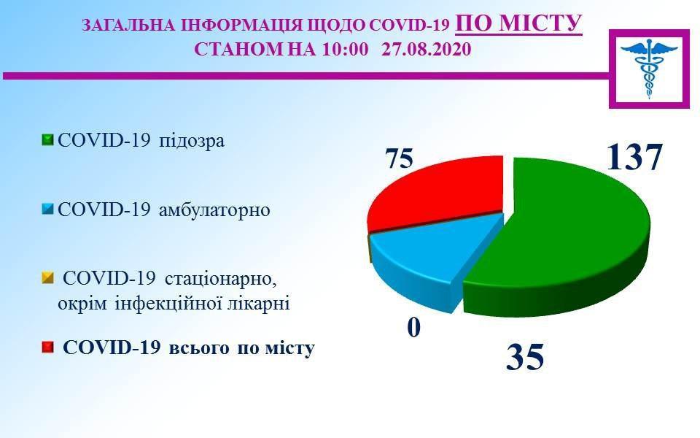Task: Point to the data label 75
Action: [x=400, y=158]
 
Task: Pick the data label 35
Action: [x=525, y=357]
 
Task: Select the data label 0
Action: [x=414, y=328]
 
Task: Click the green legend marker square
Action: [x=47, y=140]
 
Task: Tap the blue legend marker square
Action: [x=47, y=210]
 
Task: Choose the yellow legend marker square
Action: [x=47, y=278]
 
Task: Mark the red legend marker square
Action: [x=47, y=347]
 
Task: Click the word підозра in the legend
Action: [x=192, y=141]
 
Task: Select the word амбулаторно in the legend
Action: [x=214, y=210]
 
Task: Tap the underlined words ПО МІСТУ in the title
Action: [x=518, y=23]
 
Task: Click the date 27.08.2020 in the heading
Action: [x=427, y=49]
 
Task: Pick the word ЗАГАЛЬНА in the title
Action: [x=130, y=26]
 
